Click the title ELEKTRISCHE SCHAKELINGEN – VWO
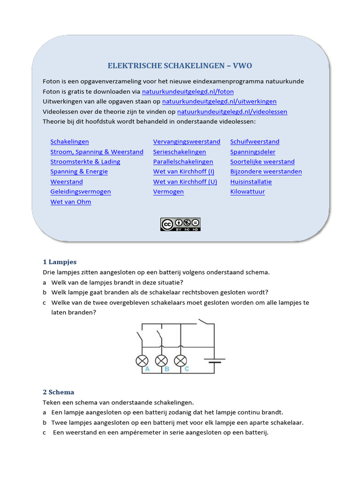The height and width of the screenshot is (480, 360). click(x=180, y=66)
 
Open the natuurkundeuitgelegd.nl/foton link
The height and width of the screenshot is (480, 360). click(x=187, y=91)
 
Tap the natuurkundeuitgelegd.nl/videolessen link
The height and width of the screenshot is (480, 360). click(x=232, y=112)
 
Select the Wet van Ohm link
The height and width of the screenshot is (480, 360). click(x=71, y=202)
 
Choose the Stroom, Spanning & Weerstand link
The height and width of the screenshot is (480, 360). click(x=97, y=152)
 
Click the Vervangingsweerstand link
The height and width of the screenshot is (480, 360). click(x=187, y=142)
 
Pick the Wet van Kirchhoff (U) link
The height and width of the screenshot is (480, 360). click(x=185, y=182)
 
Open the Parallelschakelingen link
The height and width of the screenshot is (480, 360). click(x=183, y=162)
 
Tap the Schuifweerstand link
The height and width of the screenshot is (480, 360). click(x=255, y=142)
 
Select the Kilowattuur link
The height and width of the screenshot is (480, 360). click(x=247, y=192)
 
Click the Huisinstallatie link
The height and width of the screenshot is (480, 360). click(x=251, y=182)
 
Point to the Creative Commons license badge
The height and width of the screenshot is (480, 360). click(x=180, y=224)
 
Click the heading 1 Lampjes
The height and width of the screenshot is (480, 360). click(x=60, y=262)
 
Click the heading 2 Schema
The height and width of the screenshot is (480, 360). click(x=59, y=392)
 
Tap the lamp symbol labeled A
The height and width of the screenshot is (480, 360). click(x=142, y=360)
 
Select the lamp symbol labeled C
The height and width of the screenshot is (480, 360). click(x=180, y=360)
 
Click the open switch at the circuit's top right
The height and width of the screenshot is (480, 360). click(x=204, y=322)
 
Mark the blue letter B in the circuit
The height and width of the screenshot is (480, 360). click(x=167, y=369)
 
